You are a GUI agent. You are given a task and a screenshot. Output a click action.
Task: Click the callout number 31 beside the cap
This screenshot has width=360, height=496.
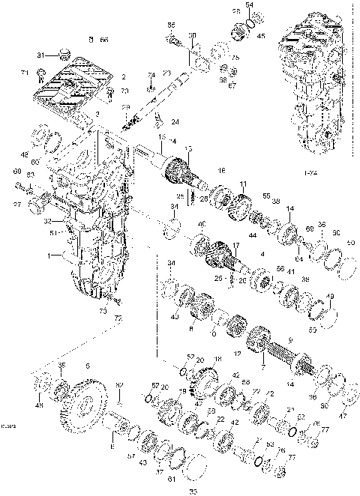[43, 55]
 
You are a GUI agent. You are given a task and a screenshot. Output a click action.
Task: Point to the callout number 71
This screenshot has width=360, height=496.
[24, 73]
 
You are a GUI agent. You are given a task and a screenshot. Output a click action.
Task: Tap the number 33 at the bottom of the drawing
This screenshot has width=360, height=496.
[193, 490]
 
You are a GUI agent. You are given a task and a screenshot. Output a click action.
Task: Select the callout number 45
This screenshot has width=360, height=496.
[260, 35]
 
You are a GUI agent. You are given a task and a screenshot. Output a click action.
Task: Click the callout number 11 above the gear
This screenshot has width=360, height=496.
[243, 184]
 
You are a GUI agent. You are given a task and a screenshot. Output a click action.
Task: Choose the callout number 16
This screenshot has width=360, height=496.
[221, 172]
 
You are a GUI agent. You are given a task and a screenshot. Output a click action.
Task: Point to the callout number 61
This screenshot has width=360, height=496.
[172, 479]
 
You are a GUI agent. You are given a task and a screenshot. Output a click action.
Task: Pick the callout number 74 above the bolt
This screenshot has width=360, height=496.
[151, 75]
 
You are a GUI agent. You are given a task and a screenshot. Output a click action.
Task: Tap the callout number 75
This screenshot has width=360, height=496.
[235, 58]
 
